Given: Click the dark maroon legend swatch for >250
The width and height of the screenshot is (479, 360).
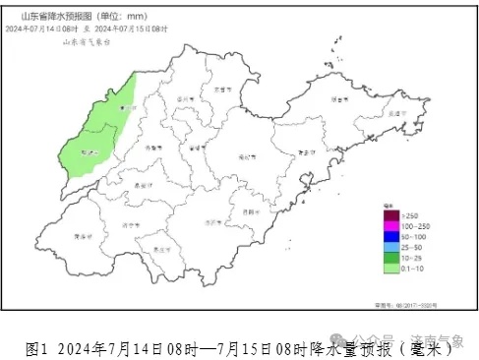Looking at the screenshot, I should point(390,214).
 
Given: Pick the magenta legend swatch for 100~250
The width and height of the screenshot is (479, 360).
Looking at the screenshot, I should point(390,225).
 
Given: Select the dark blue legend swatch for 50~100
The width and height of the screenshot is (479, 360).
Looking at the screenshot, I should point(390,236).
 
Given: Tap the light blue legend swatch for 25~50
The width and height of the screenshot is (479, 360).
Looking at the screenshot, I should point(390,246).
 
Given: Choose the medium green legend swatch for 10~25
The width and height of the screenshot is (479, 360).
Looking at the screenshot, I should point(390,257).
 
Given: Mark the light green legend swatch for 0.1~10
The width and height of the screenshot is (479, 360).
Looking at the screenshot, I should point(390,268).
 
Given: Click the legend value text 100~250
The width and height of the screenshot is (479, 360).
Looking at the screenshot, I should point(413,225).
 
